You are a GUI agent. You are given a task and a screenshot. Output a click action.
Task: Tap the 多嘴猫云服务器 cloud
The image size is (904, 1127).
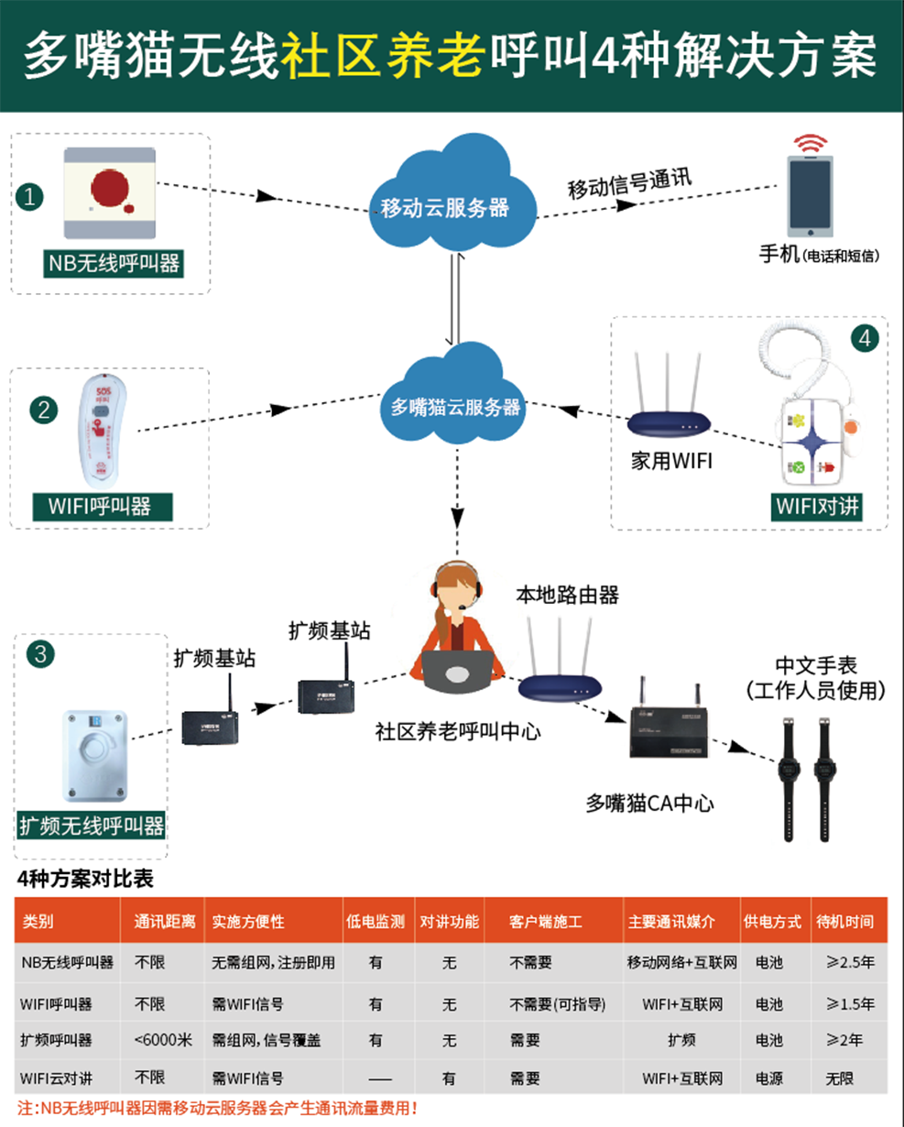pos(455,399)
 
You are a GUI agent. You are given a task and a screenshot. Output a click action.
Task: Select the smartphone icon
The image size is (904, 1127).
pos(810,197)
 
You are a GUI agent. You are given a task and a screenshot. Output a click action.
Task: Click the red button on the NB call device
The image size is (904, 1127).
pos(112,189)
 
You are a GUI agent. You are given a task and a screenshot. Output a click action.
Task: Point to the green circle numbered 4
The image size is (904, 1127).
pos(865,338)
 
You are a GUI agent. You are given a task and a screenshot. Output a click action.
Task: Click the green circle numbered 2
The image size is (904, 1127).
pos(43,409)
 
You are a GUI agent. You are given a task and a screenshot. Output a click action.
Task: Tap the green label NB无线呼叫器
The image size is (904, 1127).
pos(114,264)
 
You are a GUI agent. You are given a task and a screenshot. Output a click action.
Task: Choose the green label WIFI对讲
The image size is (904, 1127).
pos(817,505)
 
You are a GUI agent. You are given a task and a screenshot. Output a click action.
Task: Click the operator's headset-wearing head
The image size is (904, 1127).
pos(454,590)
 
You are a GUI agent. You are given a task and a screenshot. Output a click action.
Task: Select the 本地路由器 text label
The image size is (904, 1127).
pos(567,595)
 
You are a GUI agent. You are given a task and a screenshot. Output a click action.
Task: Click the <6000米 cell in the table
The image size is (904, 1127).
pos(162,1040)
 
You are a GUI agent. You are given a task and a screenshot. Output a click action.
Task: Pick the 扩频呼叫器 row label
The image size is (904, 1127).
pos(57,1040)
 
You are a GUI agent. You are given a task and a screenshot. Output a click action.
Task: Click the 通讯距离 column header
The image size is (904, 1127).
pos(164,922)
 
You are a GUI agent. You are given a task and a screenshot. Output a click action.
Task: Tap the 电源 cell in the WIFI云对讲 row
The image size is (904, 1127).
pos(769,1078)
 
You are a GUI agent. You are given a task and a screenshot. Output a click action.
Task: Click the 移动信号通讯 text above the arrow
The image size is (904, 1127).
pos(629,183)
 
